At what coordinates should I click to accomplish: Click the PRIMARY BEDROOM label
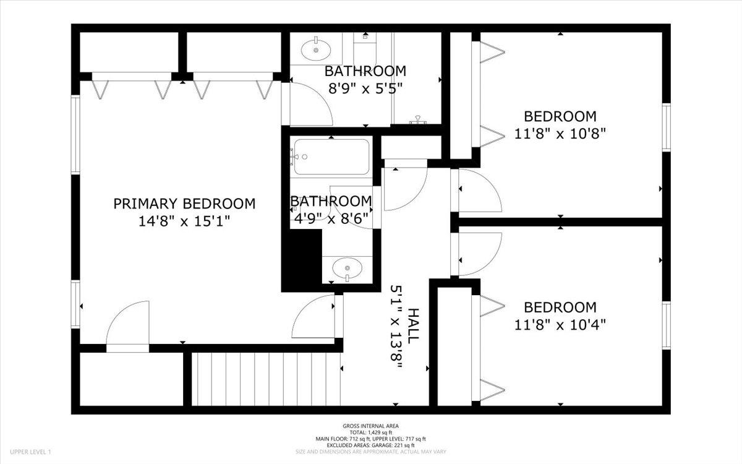click(x=184, y=204)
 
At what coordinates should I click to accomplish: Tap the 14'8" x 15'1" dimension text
click(x=184, y=221)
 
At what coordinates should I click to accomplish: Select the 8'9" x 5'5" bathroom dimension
click(x=365, y=88)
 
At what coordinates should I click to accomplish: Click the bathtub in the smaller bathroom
click(x=331, y=157)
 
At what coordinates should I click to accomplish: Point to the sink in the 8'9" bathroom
click(x=316, y=49)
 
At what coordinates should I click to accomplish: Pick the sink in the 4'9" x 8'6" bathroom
click(x=347, y=268)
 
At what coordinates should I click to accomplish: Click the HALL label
click(x=414, y=326)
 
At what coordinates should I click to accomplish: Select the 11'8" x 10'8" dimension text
click(x=560, y=134)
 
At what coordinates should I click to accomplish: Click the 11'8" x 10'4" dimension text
click(x=560, y=325)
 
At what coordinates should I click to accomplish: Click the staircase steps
click(x=266, y=379)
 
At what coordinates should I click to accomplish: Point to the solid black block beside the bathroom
click(x=302, y=260)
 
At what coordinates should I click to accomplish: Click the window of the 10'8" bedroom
click(x=666, y=127)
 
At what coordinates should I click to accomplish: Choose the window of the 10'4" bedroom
click(x=666, y=325)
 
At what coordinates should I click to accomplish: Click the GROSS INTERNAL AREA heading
click(x=370, y=426)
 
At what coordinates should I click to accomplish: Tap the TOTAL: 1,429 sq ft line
click(x=370, y=432)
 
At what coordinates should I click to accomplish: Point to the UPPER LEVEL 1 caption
click(x=30, y=452)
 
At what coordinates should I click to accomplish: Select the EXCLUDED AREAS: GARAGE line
click(x=370, y=445)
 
